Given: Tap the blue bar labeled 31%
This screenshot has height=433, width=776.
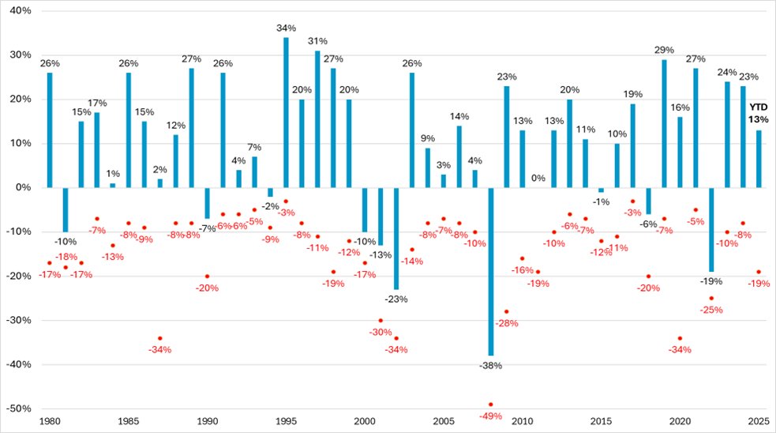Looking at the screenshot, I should click(x=317, y=119).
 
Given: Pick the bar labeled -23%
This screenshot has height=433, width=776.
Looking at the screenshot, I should click(x=396, y=238).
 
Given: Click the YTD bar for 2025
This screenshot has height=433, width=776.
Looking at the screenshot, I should click(x=759, y=159).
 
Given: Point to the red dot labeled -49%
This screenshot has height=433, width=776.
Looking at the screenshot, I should click(x=491, y=405).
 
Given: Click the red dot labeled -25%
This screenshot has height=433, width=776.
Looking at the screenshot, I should click(x=711, y=299).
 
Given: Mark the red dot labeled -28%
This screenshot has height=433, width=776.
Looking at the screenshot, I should click(x=507, y=312).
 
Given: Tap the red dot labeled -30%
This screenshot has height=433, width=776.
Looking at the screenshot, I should click(x=381, y=321).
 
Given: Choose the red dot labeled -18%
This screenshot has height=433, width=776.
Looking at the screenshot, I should click(x=66, y=267).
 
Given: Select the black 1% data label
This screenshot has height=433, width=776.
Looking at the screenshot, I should click(x=112, y=174).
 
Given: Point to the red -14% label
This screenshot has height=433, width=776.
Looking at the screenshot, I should click(x=412, y=261).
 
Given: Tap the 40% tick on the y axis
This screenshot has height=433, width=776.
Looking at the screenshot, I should click(x=19, y=11).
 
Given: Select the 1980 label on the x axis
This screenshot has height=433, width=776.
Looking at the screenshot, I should click(x=49, y=422).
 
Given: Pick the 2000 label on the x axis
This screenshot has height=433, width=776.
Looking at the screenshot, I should click(x=365, y=422).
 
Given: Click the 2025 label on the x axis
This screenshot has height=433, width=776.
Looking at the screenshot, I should click(x=759, y=422).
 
